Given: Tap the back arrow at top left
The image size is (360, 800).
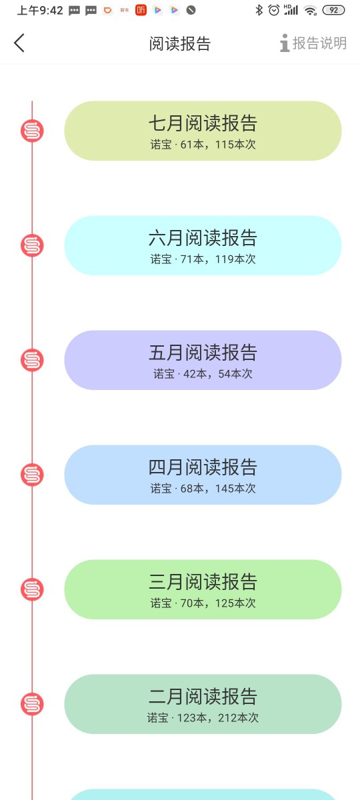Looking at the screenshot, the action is [x=19, y=43].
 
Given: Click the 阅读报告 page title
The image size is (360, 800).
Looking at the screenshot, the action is [x=179, y=43].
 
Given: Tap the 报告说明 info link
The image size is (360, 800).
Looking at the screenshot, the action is [x=313, y=43].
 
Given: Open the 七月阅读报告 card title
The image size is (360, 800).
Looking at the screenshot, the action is [x=203, y=123].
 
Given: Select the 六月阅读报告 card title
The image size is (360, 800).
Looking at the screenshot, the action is [x=203, y=238].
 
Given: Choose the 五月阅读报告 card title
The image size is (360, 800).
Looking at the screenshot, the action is [x=203, y=353].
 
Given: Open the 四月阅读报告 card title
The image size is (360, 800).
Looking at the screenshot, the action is [x=203, y=467].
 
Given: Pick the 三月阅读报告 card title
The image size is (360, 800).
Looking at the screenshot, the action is [x=203, y=582].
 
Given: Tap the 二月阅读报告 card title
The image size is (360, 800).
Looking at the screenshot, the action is [x=203, y=697].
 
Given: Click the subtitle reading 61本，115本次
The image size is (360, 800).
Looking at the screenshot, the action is [x=218, y=145].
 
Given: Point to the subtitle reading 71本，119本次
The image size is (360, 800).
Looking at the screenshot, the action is [x=218, y=259].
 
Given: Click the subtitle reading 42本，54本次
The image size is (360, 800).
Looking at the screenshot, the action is [x=218, y=374].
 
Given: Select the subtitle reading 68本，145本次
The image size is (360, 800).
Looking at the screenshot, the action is [x=218, y=489].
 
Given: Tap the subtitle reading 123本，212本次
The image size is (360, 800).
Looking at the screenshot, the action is [x=218, y=718].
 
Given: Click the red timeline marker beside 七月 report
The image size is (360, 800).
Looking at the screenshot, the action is [x=32, y=131].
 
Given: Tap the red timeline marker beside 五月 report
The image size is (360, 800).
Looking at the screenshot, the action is [x=32, y=360].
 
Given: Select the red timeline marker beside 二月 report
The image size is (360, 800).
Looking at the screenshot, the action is [x=32, y=704].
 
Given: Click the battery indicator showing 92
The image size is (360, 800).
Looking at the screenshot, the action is [x=333, y=11].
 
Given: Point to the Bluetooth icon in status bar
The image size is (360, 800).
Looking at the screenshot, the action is [x=259, y=10].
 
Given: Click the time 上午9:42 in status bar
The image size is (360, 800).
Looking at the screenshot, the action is [x=40, y=11].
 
